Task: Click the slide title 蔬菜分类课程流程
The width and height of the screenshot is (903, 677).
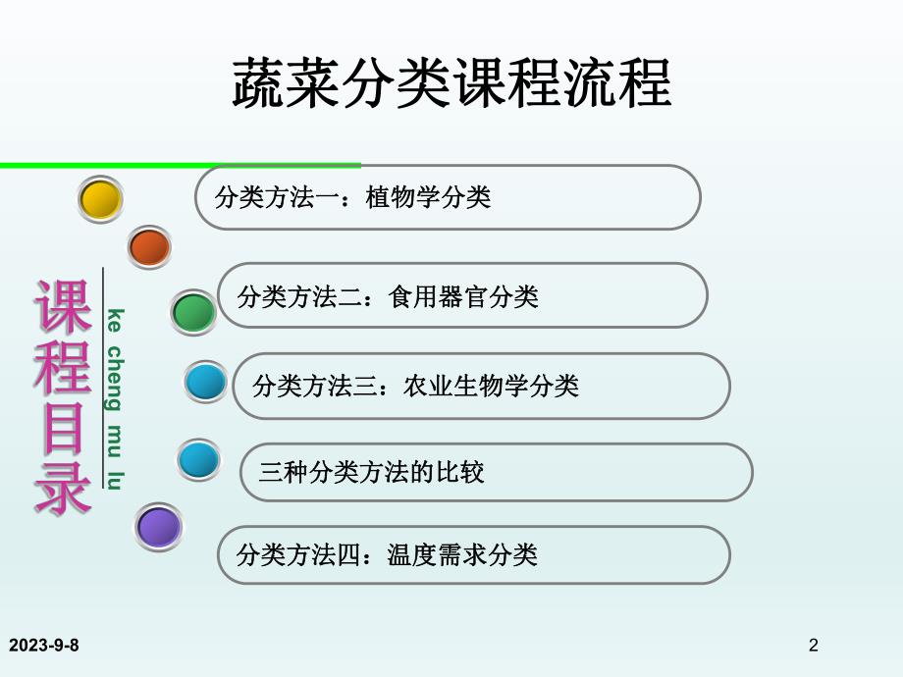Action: [451, 83]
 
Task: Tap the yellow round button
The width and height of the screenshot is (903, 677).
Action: [100, 200]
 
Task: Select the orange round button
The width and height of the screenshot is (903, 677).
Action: [149, 247]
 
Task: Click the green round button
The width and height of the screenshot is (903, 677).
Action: [193, 312]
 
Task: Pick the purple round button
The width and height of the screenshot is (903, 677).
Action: [158, 527]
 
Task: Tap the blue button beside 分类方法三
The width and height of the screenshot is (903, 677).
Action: [206, 382]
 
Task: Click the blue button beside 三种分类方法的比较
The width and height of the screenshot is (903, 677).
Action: [199, 459]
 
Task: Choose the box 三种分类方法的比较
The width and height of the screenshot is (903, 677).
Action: [496, 472]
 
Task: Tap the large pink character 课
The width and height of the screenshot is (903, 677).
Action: [64, 307]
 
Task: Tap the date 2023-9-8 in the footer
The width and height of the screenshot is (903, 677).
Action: [44, 645]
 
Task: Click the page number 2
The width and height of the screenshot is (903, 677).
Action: [813, 645]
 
